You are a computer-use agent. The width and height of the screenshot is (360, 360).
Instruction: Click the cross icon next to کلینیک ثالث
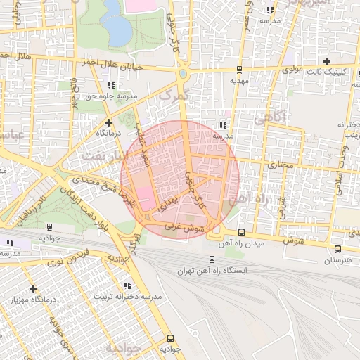(x=325, y=61)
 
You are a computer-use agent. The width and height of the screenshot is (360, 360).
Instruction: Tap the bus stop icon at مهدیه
(x=240, y=70)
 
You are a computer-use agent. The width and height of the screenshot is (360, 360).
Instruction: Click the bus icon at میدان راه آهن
(x=242, y=232)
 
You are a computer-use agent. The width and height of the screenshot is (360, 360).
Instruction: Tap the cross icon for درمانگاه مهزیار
(x=33, y=288)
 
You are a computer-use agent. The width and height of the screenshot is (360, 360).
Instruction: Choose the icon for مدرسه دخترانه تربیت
(x=127, y=285)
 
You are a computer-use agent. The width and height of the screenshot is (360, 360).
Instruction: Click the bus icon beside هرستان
(x=337, y=248)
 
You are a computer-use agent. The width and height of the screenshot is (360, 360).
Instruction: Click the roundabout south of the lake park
(x=183, y=72)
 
